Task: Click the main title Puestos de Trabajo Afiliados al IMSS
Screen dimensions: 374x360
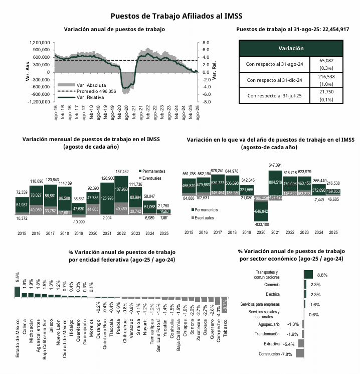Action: coord(180,16)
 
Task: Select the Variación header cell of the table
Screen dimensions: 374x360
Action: coord(291,48)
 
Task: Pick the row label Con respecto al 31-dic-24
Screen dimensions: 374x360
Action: coord(275,80)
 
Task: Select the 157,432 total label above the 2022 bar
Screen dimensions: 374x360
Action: coord(122,171)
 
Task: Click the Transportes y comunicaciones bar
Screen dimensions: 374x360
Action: coord(308,275)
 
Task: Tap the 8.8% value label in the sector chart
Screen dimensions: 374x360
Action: coord(322,275)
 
